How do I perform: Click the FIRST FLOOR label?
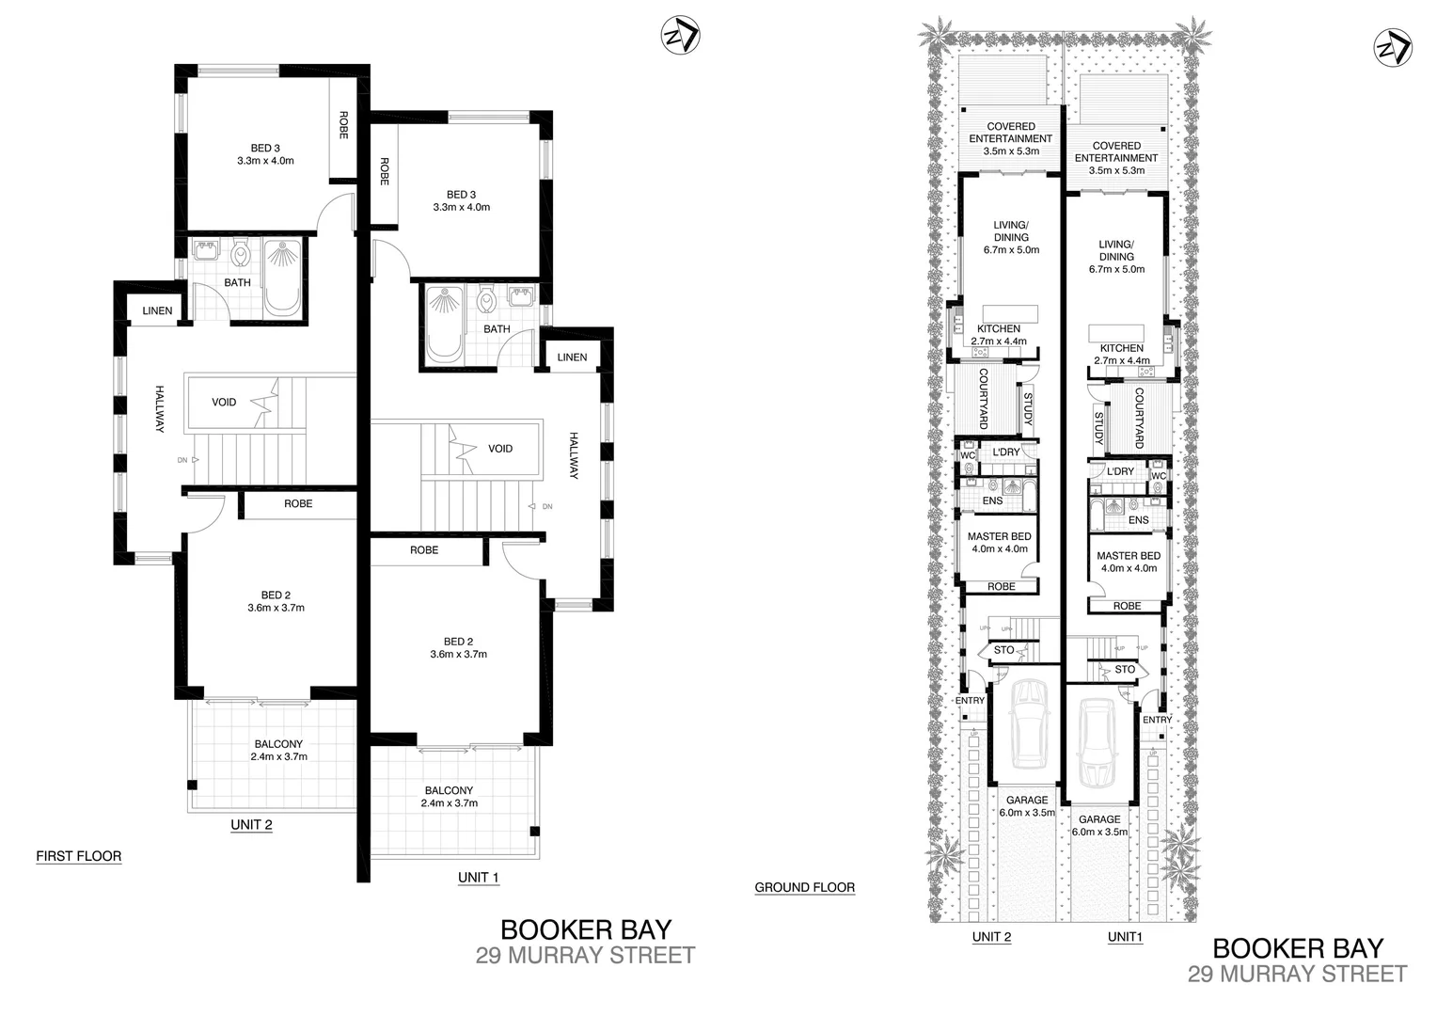[x=78, y=856]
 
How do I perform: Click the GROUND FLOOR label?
[x=804, y=887]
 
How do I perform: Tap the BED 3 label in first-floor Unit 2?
[x=265, y=149]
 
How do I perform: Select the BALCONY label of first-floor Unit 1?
[x=449, y=791]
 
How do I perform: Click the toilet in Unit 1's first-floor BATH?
[x=486, y=301]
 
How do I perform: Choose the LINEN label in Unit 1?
[x=572, y=357]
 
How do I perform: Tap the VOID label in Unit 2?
[x=224, y=403]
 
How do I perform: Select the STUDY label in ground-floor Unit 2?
[x=1028, y=409]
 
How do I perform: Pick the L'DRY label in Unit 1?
[x=1120, y=471]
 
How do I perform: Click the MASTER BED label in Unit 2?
[x=999, y=536]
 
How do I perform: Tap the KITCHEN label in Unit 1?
[x=1121, y=348]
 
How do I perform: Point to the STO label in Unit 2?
[x=1003, y=650]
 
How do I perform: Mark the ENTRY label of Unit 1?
[x=1157, y=720]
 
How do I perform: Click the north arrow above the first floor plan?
[x=679, y=36]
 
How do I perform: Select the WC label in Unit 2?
[x=967, y=455]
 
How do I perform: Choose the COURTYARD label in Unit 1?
[x=1139, y=418]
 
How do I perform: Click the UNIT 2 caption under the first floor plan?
[x=251, y=825]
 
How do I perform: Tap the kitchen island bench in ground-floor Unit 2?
[x=1010, y=313]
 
